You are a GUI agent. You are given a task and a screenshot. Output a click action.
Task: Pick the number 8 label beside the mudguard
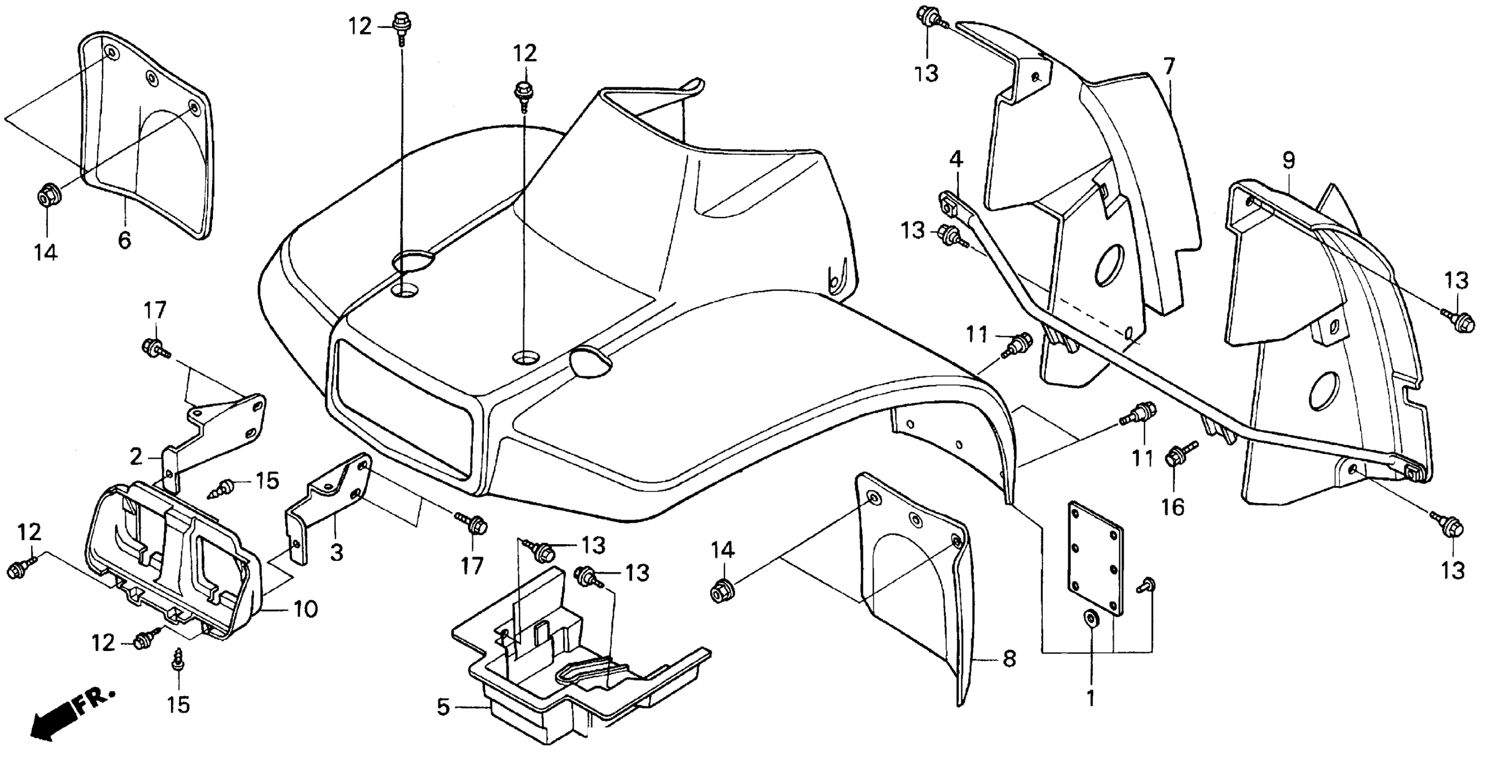click(1009, 659)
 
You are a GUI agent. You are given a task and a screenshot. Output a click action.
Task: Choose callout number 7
click(1169, 67)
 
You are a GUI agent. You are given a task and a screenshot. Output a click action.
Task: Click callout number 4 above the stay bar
click(957, 159)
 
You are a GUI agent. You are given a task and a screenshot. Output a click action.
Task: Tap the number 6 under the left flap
click(124, 239)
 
